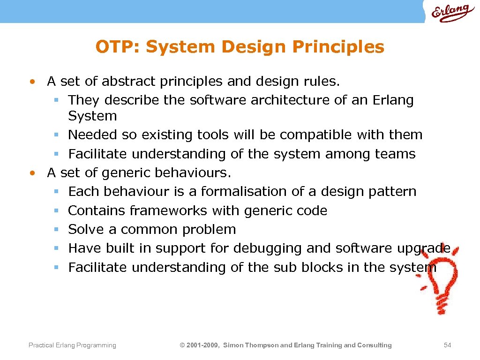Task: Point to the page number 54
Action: coord(447,345)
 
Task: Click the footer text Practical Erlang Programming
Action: coord(72,345)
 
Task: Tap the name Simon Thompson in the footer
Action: coord(251,345)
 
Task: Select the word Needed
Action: coord(93,135)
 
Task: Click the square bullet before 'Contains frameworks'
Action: coord(55,211)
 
